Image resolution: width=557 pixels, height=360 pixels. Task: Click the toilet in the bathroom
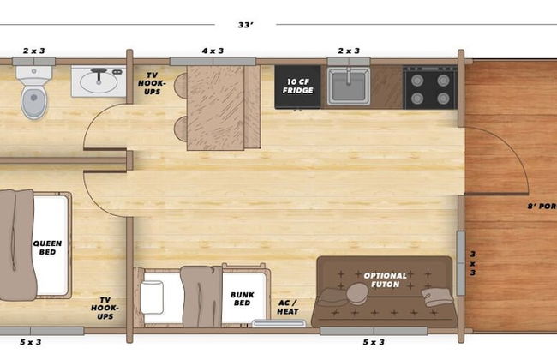coord(33,92)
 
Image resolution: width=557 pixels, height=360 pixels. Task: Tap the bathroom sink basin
coord(99,82)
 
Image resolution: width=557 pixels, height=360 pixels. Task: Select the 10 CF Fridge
coord(297,87)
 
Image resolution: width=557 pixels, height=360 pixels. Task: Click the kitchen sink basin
coord(349,87)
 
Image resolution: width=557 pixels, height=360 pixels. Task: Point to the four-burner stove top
coord(430,87)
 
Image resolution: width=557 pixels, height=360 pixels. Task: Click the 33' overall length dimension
coord(246,25)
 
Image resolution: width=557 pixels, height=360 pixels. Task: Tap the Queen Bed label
coord(47,248)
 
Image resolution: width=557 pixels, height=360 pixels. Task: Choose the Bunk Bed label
coord(243,299)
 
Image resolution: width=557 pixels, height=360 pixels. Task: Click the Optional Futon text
coord(385,280)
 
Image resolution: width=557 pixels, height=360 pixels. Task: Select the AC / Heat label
coord(288,308)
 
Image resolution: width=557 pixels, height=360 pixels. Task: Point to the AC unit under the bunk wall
coord(278,323)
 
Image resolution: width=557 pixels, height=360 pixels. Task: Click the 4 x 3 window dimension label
coord(213,51)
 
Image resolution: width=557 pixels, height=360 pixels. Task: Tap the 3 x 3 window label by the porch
coord(473,263)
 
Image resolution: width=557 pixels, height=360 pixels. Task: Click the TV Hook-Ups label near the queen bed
coord(105,308)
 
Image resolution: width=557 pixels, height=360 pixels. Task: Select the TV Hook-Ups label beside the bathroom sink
coord(152,83)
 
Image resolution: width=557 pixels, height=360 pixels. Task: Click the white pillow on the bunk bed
coord(152,297)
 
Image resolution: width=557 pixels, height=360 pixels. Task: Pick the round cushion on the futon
coord(357,293)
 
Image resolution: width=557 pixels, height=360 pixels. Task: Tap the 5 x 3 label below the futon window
coord(374,342)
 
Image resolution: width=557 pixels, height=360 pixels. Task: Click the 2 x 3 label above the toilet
coord(34,51)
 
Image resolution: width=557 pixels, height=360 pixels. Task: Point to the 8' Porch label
coord(542,206)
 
